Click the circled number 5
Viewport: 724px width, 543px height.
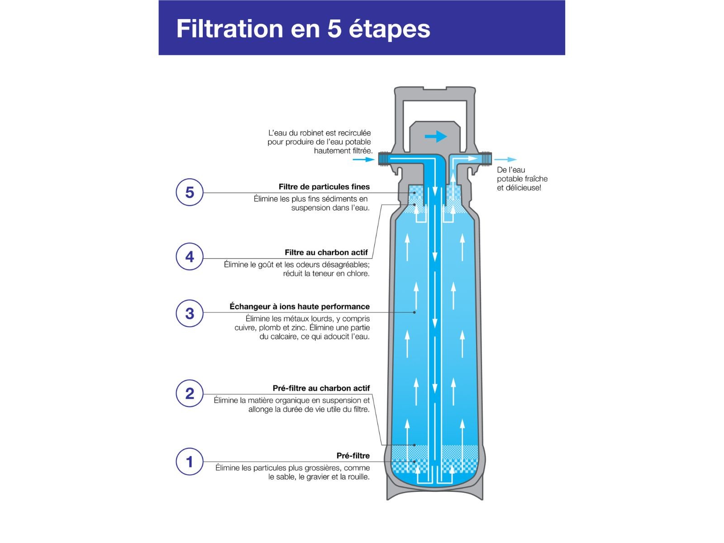tap(189, 193)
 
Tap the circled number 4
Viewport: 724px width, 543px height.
tap(189, 257)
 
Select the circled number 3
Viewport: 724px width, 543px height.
tap(189, 313)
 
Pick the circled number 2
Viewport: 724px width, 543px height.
tap(189, 393)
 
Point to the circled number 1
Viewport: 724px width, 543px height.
tap(189, 462)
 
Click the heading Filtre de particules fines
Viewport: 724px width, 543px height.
tap(324, 187)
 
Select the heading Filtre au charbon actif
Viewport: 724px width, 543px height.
tap(326, 252)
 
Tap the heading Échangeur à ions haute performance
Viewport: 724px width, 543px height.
tap(300, 307)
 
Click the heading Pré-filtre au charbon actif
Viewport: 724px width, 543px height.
tap(321, 388)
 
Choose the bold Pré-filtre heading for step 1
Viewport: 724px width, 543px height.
tap(353, 456)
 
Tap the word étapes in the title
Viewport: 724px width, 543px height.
tap(389, 29)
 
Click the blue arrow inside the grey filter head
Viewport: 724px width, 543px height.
tap(436, 136)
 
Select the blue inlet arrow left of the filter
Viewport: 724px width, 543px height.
tap(363, 160)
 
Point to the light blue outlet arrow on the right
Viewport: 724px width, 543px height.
tap(505, 160)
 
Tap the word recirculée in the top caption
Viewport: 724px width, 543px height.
tap(354, 133)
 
